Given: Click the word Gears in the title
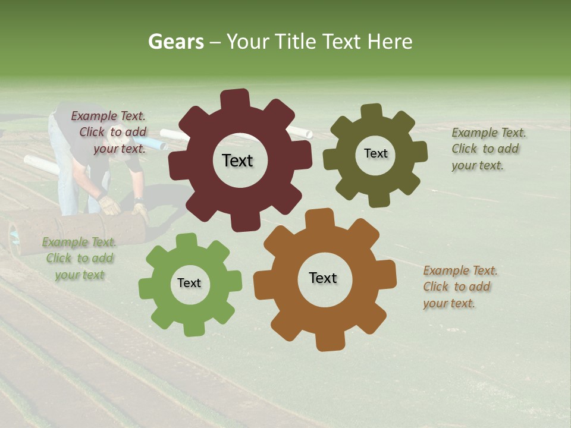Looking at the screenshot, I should (x=175, y=42).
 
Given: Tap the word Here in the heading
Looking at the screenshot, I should (x=390, y=42).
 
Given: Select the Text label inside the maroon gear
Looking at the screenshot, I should (x=237, y=160).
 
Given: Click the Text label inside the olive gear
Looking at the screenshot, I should (x=375, y=153).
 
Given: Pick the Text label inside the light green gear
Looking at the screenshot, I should (x=189, y=283).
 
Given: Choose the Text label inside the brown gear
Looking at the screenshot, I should (x=323, y=278).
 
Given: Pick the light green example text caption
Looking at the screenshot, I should (x=79, y=258).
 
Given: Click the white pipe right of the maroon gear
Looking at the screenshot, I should (x=300, y=131).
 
